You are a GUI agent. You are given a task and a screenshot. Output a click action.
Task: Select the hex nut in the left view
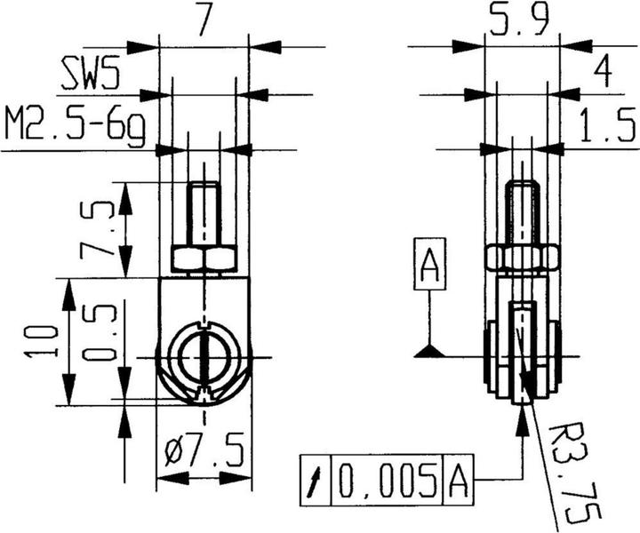pyautogui.click(x=204, y=259)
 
